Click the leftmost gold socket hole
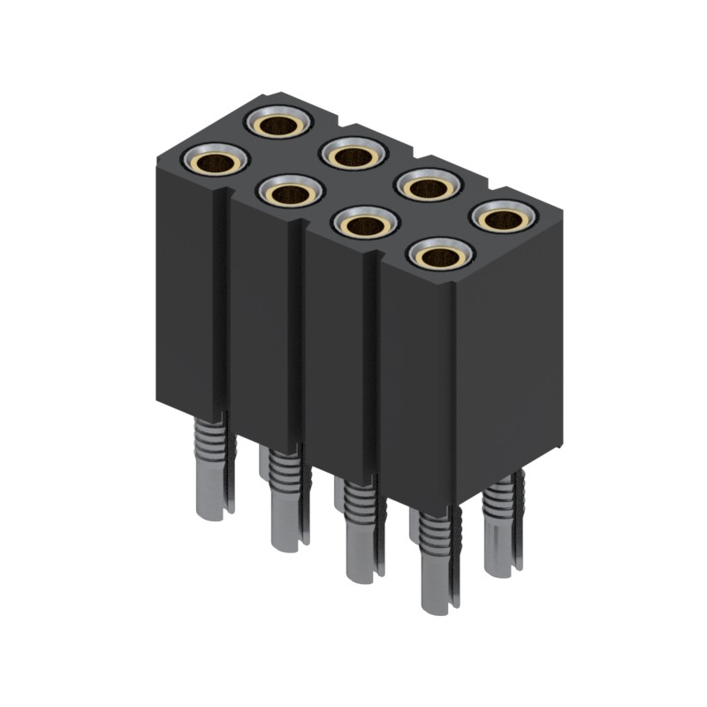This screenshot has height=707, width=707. click(x=215, y=162)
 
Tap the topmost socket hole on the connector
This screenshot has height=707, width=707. click(x=277, y=125)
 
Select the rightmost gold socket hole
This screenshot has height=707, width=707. click(x=504, y=217)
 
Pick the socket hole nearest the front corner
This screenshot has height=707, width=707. click(x=440, y=256)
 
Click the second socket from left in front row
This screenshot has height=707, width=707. click(x=290, y=193)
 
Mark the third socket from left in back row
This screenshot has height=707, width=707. click(x=428, y=187)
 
